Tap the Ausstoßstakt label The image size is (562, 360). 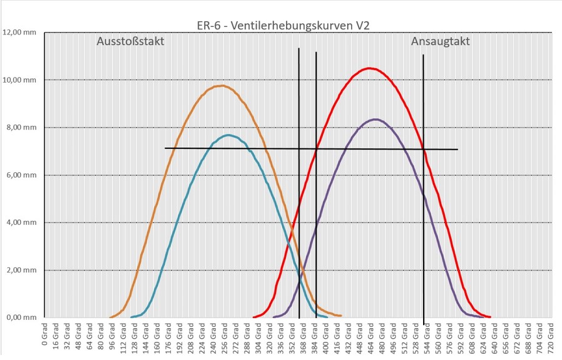pyautogui.click(x=130, y=42)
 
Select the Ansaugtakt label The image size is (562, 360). pyautogui.click(x=441, y=42)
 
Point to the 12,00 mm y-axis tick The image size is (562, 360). pyautogui.click(x=20, y=33)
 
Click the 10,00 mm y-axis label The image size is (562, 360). pyautogui.click(x=20, y=80)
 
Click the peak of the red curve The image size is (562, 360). pyautogui.click(x=370, y=68)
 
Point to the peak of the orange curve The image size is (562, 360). pyautogui.click(x=222, y=86)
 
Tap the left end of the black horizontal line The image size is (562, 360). pyautogui.click(x=165, y=148)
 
